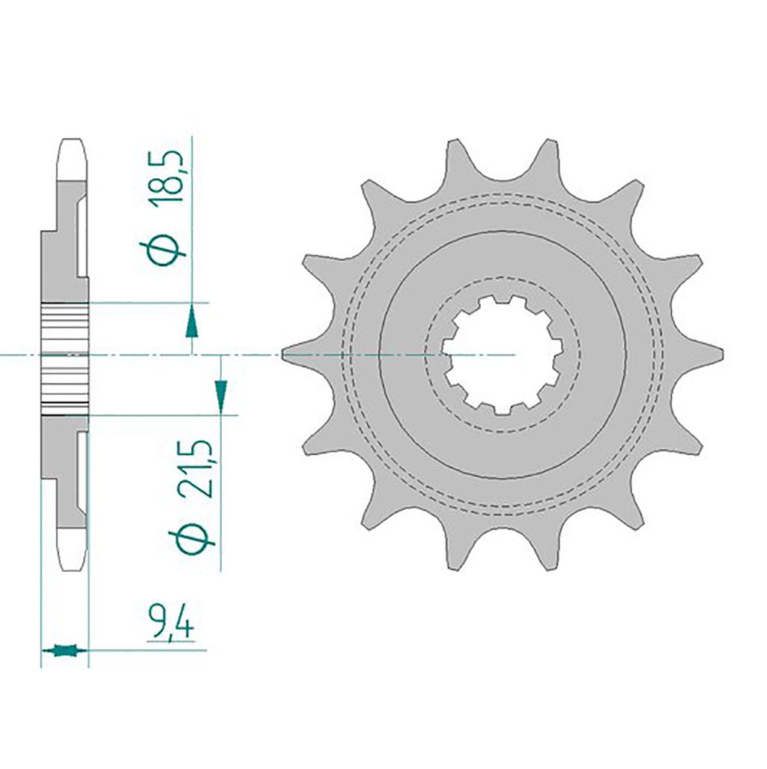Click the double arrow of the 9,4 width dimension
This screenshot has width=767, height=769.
[64, 651]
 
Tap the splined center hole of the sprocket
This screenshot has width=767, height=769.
[501, 354]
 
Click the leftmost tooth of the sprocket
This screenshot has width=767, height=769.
[299, 354]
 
